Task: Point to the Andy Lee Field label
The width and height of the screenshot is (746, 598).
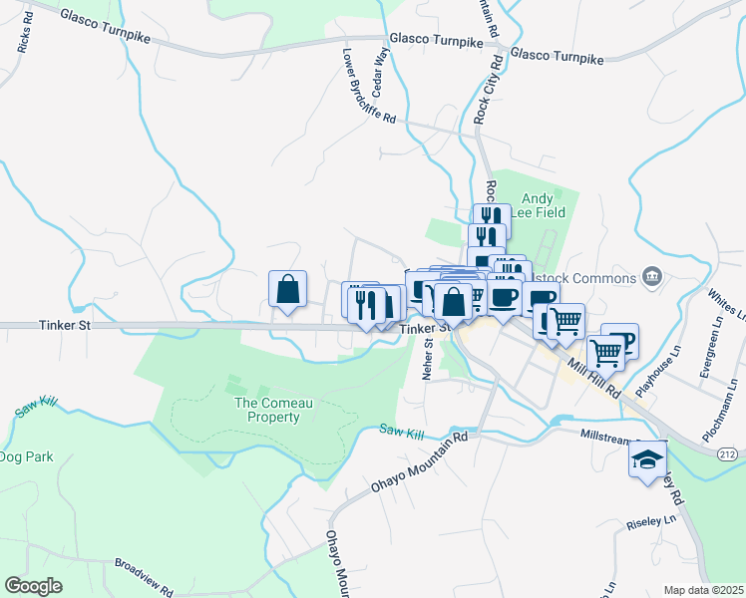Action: click(544, 204)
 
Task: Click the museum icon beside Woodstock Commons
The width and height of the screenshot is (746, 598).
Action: click(652, 275)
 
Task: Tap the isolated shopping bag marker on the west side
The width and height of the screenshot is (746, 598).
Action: click(287, 289)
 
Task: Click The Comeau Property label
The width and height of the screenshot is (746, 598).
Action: click(266, 410)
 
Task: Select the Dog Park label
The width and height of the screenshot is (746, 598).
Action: click(26, 457)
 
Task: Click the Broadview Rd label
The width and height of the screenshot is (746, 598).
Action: click(145, 577)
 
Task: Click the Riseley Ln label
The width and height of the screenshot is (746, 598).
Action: click(651, 520)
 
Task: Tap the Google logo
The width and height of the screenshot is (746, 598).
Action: click(33, 586)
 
